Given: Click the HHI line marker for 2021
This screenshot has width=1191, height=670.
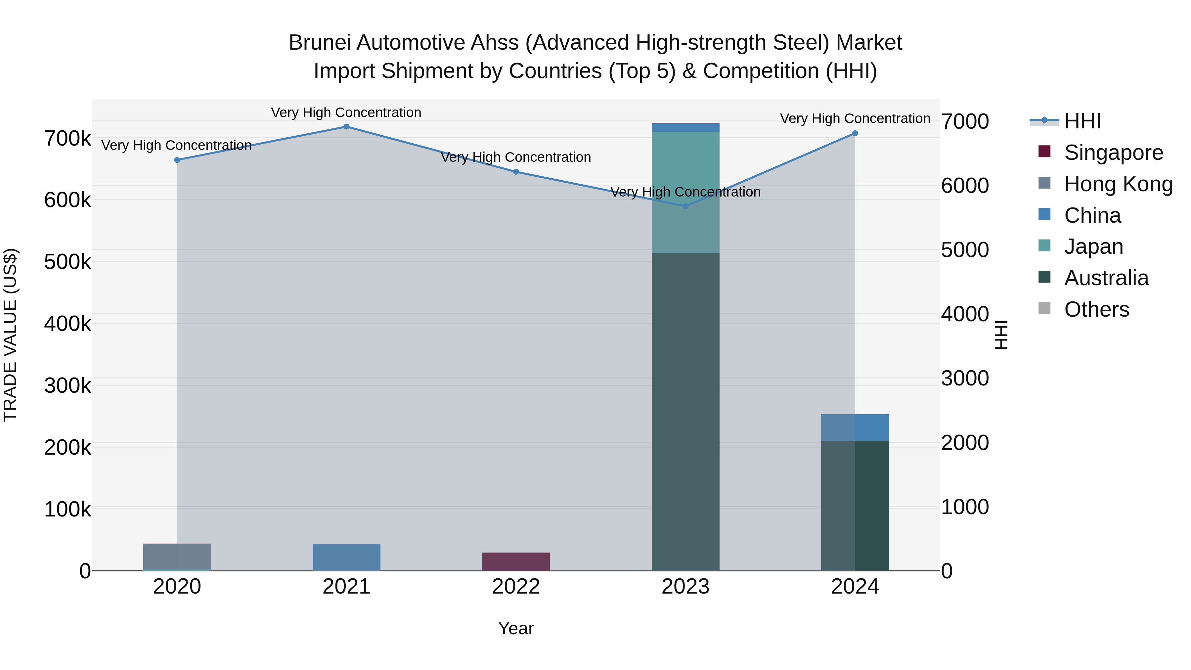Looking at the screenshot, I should [346, 127].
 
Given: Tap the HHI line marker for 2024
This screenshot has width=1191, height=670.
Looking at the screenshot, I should [855, 133].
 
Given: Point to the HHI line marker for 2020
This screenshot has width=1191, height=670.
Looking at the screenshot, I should [177, 160].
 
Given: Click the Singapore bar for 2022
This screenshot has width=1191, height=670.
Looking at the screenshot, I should [516, 561].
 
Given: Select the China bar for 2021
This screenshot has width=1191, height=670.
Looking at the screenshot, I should [346, 557].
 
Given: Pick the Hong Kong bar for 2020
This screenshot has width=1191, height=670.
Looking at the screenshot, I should [177, 557].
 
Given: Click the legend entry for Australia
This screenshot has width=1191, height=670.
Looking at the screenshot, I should [1106, 278].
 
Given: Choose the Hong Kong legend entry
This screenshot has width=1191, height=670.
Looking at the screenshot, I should [1118, 184].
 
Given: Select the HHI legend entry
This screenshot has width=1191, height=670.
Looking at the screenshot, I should [1082, 121].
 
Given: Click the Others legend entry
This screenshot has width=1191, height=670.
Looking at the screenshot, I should [1096, 309].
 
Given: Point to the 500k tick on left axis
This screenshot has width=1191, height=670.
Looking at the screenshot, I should [67, 262].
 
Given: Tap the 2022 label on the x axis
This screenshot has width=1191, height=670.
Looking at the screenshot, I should [516, 587].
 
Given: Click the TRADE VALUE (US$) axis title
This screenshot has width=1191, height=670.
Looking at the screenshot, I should [10, 335].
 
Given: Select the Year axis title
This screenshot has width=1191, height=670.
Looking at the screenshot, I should [516, 628].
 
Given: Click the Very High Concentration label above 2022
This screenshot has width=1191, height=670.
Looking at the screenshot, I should [516, 157].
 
